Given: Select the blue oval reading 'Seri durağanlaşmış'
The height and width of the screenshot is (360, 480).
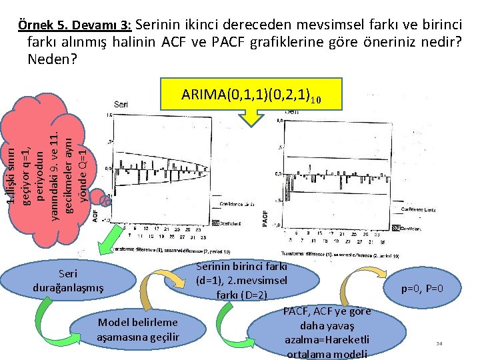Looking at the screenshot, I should [68, 281].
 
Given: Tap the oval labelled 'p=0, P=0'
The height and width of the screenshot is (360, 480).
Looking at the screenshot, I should [421, 289].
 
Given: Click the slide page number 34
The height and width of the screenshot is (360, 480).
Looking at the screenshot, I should [439, 344].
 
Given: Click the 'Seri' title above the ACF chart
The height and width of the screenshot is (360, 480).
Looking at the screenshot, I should [121, 104].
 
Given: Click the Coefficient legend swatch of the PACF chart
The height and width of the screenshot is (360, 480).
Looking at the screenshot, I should [395, 228].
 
